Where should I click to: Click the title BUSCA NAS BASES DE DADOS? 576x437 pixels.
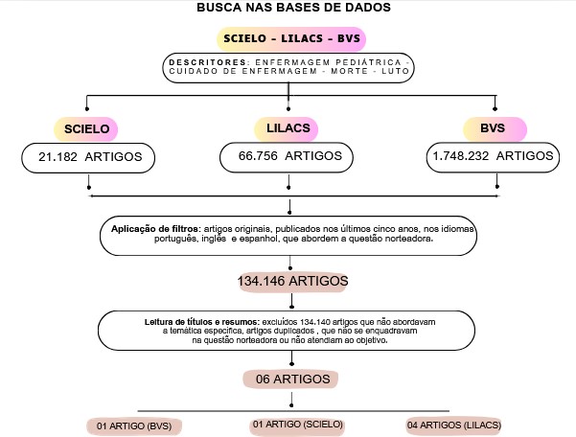293,8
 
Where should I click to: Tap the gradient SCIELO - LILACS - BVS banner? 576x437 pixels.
291,38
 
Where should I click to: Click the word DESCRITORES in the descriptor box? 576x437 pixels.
208,62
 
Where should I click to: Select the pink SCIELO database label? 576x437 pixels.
86,129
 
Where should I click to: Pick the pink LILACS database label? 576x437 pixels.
287,128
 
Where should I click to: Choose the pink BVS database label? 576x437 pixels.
495,128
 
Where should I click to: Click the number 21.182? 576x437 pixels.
58,157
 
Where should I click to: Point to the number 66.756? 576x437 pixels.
258,156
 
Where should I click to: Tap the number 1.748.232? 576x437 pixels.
461,156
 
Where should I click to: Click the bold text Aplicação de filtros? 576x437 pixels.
154,229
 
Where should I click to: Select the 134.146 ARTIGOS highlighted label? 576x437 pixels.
292,282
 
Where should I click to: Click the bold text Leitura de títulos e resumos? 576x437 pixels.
202,322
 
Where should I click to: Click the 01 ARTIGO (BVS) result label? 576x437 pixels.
134,426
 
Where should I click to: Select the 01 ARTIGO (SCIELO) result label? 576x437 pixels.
297,425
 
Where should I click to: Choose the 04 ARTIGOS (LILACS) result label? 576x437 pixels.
454,425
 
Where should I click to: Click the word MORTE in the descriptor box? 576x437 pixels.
350,71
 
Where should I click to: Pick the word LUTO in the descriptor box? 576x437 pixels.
395,71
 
